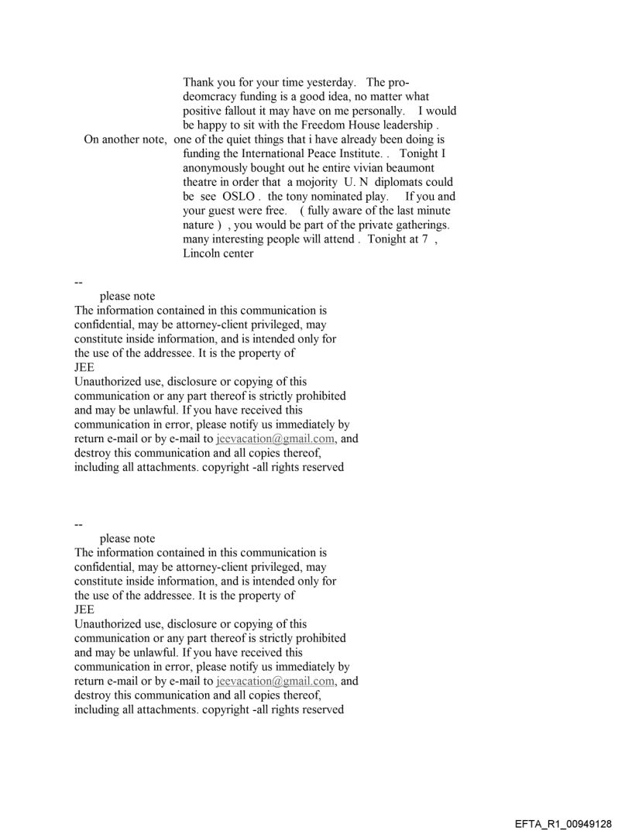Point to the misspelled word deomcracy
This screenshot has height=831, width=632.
tap(215, 98)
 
